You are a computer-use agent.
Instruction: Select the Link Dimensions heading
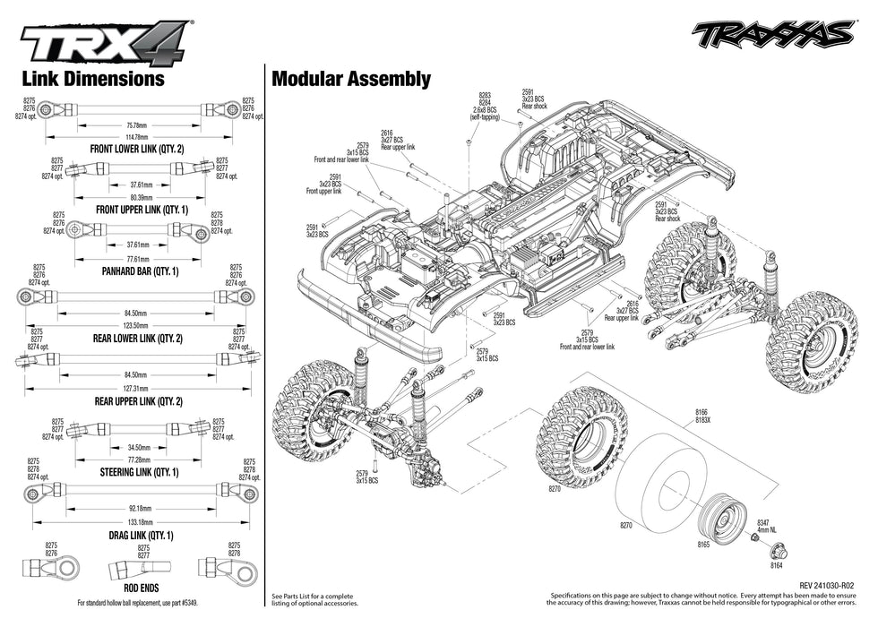[93, 79]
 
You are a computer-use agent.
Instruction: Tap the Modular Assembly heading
[351, 79]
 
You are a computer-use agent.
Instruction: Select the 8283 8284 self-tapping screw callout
[485, 106]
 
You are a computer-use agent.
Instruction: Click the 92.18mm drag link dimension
[136, 507]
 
